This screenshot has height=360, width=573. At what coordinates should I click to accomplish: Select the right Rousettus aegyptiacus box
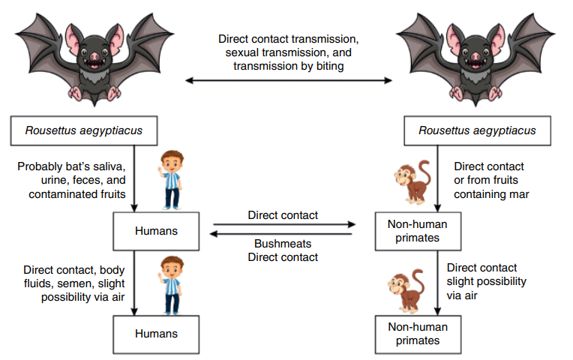click(x=478, y=130)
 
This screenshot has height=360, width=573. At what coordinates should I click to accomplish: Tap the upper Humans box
click(x=156, y=231)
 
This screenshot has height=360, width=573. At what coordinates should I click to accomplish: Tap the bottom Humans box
click(x=156, y=334)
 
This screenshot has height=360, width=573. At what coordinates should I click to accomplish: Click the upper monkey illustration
click(x=412, y=182)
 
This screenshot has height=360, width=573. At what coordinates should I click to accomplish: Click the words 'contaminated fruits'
click(x=75, y=194)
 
